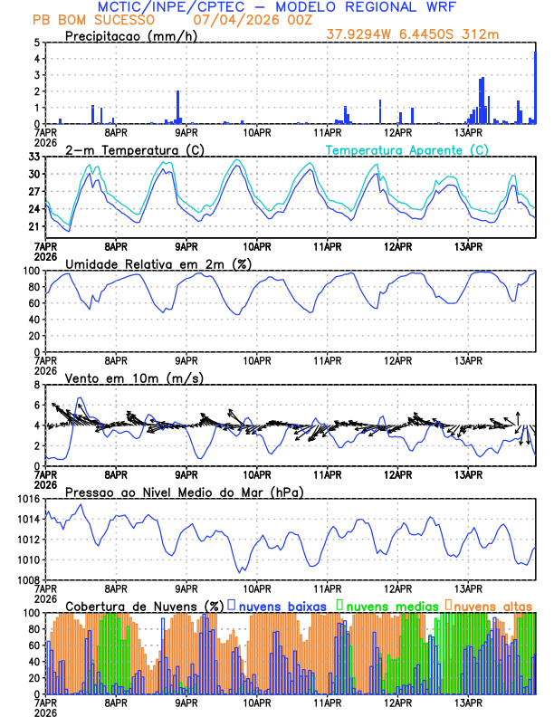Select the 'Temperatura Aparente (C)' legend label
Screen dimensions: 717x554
407,149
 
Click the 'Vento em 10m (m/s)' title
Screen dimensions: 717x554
134,378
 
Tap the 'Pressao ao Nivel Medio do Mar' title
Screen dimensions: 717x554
184,492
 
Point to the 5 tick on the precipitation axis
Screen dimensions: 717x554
35,43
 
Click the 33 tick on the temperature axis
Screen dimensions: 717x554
33,157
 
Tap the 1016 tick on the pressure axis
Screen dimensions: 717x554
27,499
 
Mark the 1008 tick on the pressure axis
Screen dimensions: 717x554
27,580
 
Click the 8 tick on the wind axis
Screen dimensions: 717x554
35,385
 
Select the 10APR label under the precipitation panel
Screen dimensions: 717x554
256,132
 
